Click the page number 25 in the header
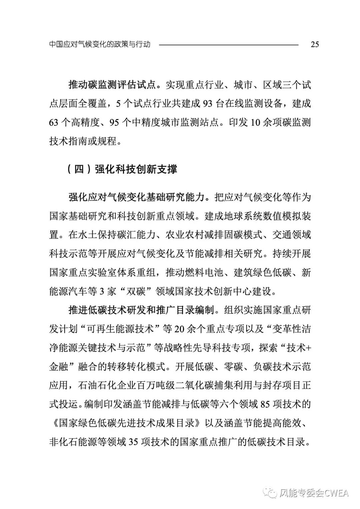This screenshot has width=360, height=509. pos(315,44)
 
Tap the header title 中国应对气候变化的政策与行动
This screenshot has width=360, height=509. pos(100,44)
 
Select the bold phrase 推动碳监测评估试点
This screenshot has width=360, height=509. pos(112,85)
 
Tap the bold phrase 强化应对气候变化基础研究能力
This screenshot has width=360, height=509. pos(135,197)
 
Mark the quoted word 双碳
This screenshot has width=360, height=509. pos(134,292)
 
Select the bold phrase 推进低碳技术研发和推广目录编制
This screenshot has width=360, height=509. pos(141,311)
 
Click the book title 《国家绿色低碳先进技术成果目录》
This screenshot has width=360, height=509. pos(127,424)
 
